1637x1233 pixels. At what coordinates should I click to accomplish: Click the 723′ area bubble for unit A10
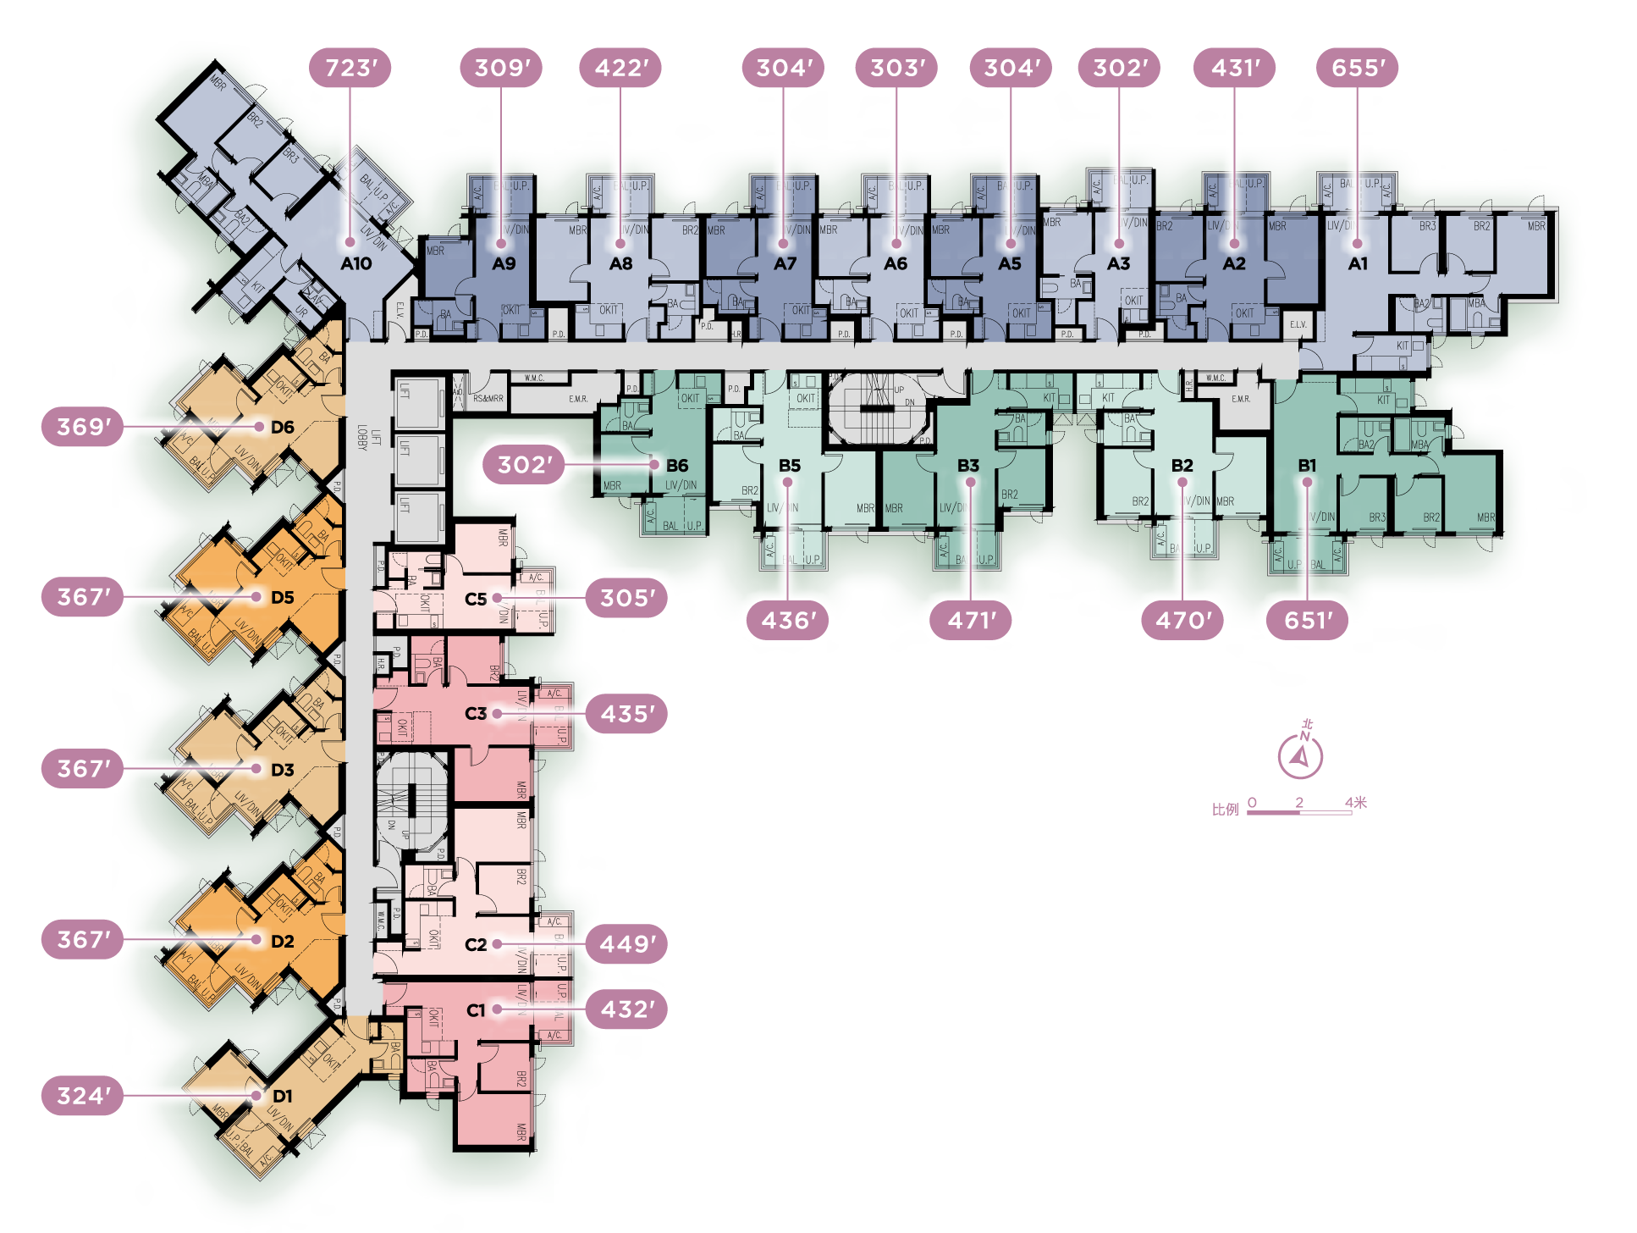click(350, 68)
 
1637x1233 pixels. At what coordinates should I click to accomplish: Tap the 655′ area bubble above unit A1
click(1358, 68)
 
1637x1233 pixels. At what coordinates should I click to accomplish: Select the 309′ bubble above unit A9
click(502, 68)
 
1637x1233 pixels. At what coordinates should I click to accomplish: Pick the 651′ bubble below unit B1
click(1308, 621)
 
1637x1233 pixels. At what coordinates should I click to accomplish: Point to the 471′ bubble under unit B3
click(972, 621)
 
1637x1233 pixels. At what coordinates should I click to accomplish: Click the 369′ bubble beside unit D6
click(82, 427)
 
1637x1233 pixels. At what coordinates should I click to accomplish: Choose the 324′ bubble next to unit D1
click(82, 1096)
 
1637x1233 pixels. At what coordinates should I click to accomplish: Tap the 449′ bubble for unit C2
click(626, 944)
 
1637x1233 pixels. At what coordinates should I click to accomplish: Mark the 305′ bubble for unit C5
click(626, 599)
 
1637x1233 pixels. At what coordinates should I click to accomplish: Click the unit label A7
click(785, 264)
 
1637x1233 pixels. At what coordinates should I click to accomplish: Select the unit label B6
click(677, 466)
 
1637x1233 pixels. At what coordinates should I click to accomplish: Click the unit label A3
click(1118, 264)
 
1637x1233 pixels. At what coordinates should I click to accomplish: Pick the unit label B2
click(1182, 466)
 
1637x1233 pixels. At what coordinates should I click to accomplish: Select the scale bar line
click(1299, 813)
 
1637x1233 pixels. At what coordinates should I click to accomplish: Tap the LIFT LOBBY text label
click(368, 437)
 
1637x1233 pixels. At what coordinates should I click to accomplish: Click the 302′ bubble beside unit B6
click(524, 465)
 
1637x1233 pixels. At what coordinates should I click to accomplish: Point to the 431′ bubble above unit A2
click(1235, 68)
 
